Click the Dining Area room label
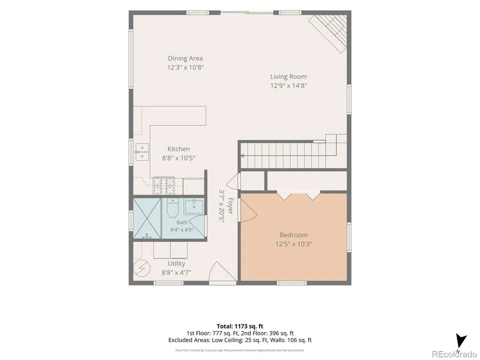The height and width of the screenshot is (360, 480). (x=185, y=58)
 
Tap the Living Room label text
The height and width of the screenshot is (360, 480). (x=288, y=76)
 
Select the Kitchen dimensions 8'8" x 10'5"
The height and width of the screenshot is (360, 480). (x=179, y=158)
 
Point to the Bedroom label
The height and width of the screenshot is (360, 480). (x=293, y=235)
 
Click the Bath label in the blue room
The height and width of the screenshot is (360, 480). (x=182, y=222)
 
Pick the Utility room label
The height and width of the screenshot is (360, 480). (x=176, y=263)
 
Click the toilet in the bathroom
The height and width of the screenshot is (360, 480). (x=172, y=207)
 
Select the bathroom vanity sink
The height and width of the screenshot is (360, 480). (x=194, y=207)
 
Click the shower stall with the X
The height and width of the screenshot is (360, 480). (x=147, y=218)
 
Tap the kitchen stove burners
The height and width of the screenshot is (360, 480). (x=164, y=186)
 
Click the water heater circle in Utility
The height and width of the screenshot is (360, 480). (x=142, y=268)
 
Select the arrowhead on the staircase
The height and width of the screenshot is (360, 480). (x=242, y=156)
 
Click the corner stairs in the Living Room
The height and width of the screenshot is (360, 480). (x=328, y=33)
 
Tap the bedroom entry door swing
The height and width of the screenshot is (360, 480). (x=248, y=210)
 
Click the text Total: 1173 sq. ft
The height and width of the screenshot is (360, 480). (x=240, y=326)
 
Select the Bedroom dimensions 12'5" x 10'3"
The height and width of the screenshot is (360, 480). (x=293, y=244)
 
